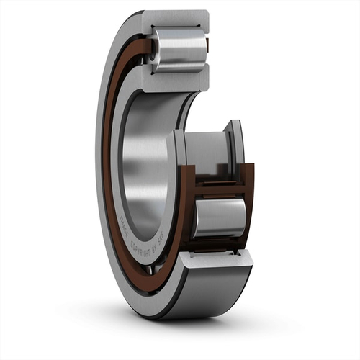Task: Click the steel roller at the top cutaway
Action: (x=180, y=49)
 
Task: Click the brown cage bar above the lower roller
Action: (x=220, y=189)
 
